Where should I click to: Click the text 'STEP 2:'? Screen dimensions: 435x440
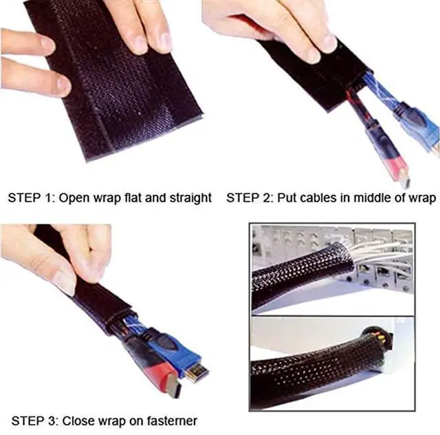pos(250,198)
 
